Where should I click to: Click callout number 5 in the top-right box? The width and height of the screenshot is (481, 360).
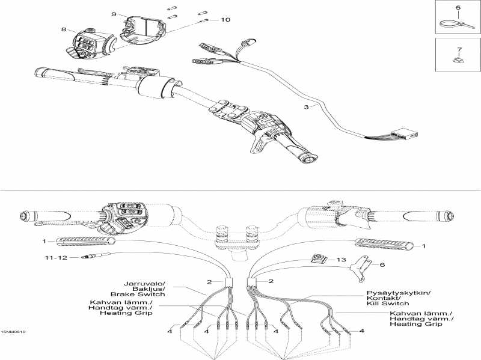[x=458, y=8]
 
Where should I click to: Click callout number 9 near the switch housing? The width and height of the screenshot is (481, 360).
[x=113, y=13]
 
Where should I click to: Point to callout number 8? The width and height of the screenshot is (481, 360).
[x=63, y=29]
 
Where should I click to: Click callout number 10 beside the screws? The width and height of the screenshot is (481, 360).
[x=225, y=20]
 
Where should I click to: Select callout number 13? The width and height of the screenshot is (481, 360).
[x=342, y=260]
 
